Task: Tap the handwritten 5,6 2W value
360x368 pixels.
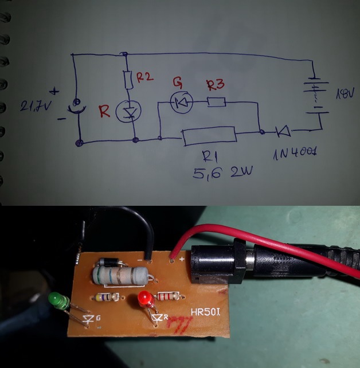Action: (219, 172)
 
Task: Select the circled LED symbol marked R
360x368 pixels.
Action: (127, 111)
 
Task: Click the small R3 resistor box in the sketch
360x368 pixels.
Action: (216, 103)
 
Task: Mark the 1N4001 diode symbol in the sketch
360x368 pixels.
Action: (282, 132)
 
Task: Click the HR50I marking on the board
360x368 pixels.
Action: (207, 315)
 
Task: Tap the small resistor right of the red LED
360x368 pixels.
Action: (170, 296)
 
